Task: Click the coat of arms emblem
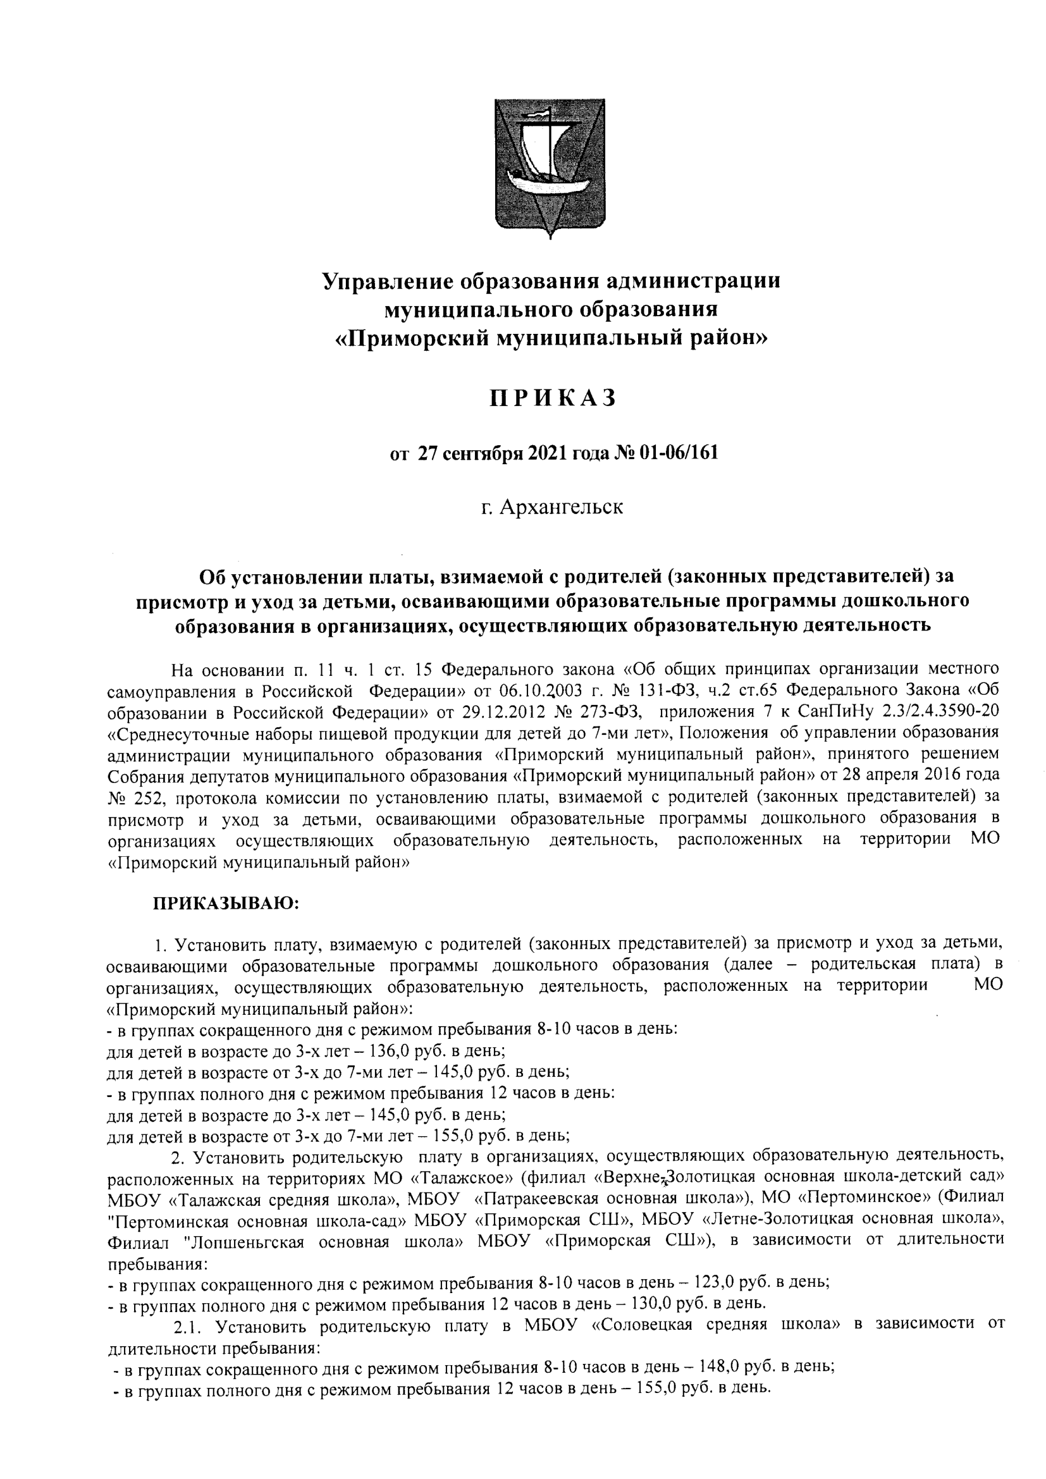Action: point(550,168)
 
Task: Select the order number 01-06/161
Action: point(679,453)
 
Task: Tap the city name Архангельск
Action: point(561,507)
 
